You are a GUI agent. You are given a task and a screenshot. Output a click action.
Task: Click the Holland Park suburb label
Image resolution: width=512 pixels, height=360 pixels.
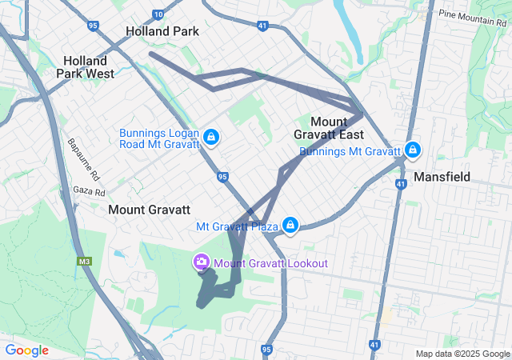tap(162, 31)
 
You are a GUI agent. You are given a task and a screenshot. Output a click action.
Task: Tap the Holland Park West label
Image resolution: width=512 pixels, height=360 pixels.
tap(85, 66)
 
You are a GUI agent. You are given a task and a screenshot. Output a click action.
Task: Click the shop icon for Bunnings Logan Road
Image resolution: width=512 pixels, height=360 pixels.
tap(210, 138)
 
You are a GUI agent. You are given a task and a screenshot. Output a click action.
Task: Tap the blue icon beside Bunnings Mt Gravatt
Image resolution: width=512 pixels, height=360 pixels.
tap(413, 150)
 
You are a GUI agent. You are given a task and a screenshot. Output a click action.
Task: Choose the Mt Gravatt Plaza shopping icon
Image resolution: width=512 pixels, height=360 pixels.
tap(291, 226)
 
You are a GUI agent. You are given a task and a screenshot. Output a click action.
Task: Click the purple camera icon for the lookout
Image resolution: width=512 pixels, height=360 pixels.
tap(201, 262)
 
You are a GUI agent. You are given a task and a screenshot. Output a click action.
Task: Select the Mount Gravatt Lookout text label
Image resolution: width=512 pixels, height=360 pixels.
tap(270, 263)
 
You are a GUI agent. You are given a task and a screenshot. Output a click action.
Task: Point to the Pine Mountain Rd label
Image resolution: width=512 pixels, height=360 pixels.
tap(474, 14)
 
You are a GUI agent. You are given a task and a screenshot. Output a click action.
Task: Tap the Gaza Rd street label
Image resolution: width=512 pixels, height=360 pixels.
tap(89, 192)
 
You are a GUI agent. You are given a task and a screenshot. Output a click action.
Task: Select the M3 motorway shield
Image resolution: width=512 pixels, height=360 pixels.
tap(85, 261)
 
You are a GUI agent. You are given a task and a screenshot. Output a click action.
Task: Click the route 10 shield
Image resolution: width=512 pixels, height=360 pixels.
tap(158, 14)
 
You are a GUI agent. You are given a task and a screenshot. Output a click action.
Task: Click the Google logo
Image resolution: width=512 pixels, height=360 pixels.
tap(26, 350)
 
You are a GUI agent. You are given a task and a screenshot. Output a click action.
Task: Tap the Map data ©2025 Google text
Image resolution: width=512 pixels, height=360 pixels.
tap(462, 354)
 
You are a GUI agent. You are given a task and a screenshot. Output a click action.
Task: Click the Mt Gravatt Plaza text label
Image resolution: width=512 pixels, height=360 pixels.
tap(237, 226)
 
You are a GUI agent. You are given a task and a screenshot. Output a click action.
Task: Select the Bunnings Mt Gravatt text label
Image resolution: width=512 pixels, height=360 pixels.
tap(350, 151)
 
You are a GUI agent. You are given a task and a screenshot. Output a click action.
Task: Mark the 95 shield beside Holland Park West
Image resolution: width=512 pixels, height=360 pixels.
tap(94, 26)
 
